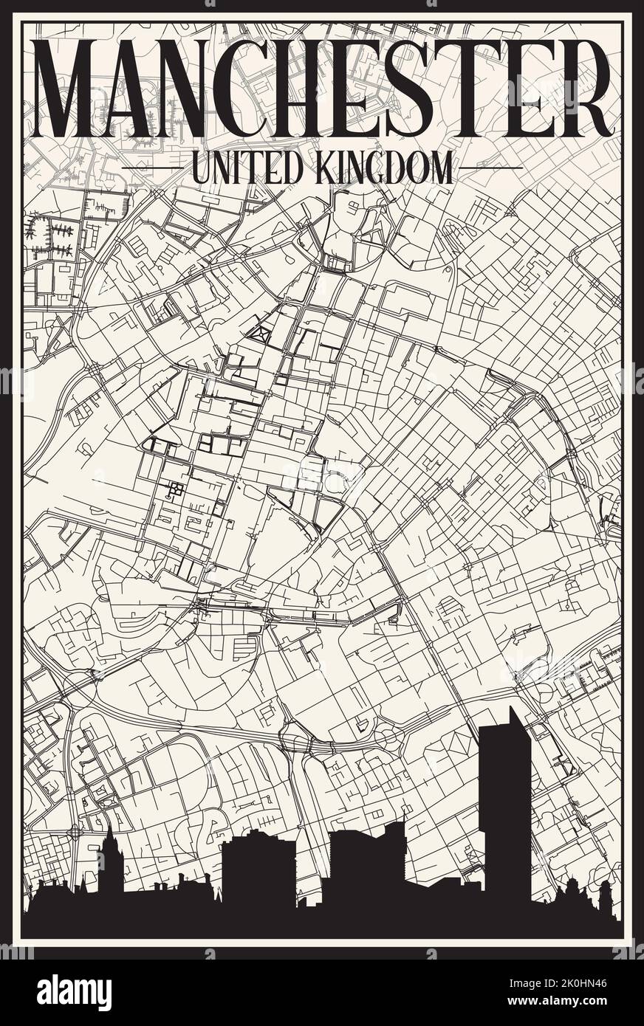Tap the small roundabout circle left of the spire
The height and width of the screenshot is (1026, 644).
74,833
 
